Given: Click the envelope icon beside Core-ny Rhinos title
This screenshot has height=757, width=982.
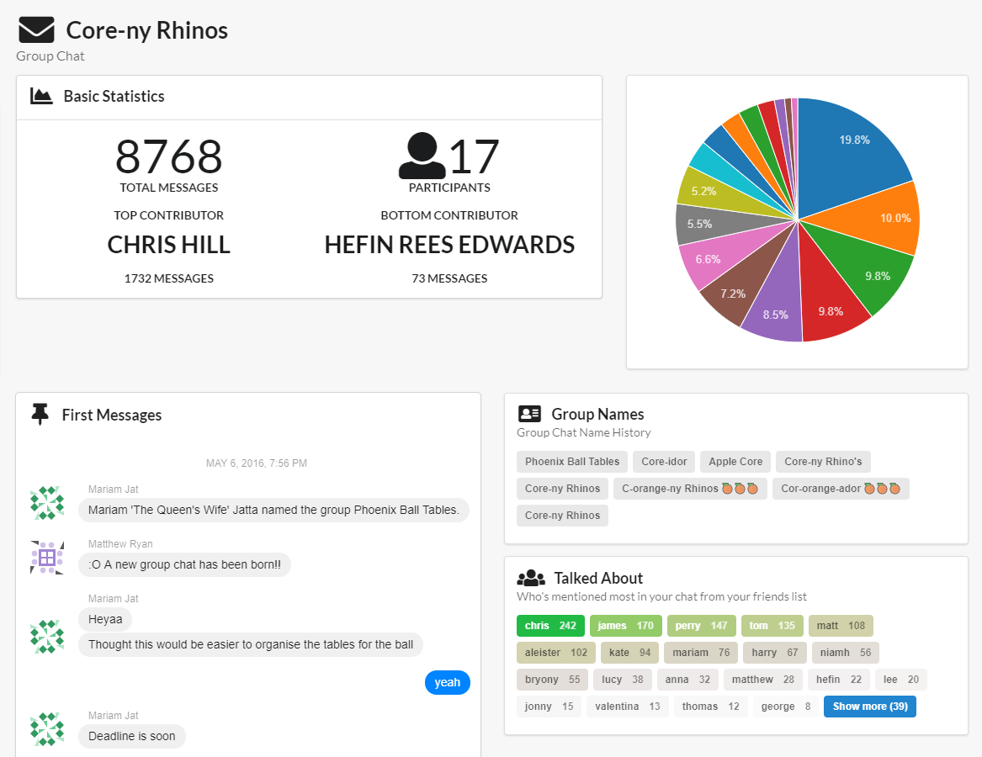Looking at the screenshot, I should click(x=36, y=30).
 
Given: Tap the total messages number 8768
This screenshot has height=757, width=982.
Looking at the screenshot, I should click(x=168, y=156).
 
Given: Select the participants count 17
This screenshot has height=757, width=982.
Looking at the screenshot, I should click(x=474, y=156).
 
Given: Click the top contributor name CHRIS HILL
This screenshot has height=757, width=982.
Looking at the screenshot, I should click(x=168, y=245).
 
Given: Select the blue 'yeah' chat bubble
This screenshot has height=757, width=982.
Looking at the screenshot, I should click(x=447, y=682).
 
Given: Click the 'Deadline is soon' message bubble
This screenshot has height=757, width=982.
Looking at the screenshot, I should click(x=132, y=736).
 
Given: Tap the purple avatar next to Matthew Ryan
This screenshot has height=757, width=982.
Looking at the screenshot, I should click(x=47, y=557).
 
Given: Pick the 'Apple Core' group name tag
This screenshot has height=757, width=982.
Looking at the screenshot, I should click(x=735, y=461).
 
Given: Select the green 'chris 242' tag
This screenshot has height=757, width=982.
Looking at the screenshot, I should click(x=550, y=625).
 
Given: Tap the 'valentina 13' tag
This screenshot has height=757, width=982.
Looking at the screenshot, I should click(x=627, y=706).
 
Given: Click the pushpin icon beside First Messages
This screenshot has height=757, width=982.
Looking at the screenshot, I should click(x=40, y=414).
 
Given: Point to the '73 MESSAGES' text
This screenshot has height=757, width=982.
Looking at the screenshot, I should click(x=449, y=278).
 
